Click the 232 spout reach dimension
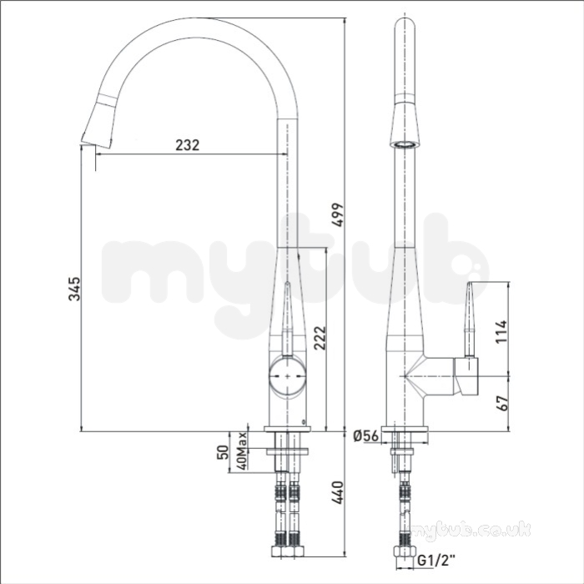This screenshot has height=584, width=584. [188, 145]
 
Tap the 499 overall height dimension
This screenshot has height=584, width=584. [338, 214]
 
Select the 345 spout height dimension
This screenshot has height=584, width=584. [74, 289]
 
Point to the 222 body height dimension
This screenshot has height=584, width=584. [320, 338]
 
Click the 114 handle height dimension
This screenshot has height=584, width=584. [501, 331]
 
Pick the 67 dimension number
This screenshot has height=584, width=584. [502, 403]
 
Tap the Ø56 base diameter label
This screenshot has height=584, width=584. [365, 435]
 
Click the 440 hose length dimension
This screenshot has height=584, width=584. [337, 493]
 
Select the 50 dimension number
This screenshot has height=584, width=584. [223, 452]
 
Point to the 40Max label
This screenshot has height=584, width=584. [242, 451]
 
